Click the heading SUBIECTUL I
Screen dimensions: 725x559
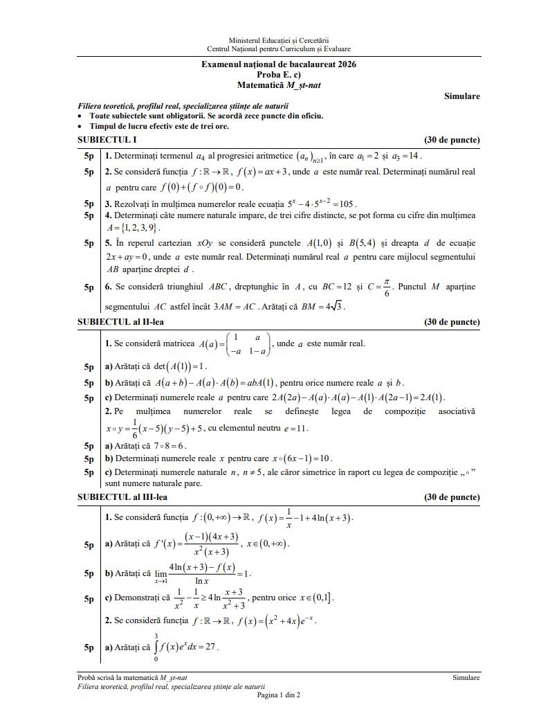click(x=107, y=140)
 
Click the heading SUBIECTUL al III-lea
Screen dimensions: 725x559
click(x=122, y=497)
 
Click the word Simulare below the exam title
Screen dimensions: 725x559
click(x=461, y=96)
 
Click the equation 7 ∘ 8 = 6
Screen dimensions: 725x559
click(x=169, y=446)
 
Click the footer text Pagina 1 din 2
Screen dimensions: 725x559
click(x=278, y=695)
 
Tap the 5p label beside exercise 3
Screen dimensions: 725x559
click(x=89, y=204)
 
